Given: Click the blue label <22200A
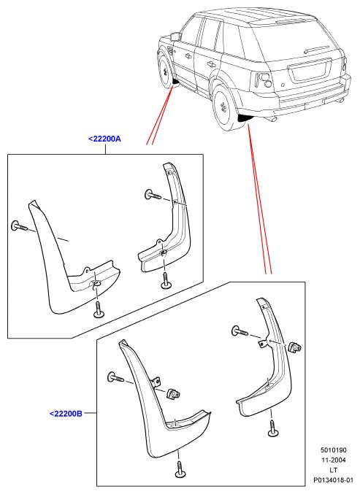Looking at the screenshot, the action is (x=104, y=139).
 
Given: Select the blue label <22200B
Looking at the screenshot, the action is (x=66, y=413).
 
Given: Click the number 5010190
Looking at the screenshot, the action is (x=334, y=450).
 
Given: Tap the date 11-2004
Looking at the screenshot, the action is (x=334, y=460).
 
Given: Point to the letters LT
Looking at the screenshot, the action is (x=334, y=470).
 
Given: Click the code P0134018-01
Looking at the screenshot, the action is (x=334, y=480).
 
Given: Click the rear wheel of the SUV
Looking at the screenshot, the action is (x=226, y=107).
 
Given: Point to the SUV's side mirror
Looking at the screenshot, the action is (x=175, y=36).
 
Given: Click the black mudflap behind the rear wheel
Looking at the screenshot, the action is (x=245, y=117).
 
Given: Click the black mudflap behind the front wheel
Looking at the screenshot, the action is (x=175, y=82).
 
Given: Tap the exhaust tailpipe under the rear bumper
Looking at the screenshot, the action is (x=272, y=120).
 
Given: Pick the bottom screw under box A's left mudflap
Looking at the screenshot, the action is (x=97, y=310).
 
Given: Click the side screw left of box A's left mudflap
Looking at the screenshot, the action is (x=18, y=225).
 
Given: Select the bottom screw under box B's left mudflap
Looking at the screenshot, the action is (x=179, y=469).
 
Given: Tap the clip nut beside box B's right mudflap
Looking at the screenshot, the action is (x=295, y=347).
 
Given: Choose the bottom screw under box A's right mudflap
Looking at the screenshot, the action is (x=165, y=281).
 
